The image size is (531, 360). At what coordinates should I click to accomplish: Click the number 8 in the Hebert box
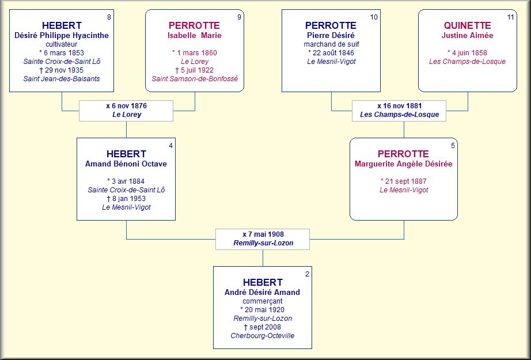109,17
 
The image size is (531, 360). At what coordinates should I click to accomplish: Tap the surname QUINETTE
467,25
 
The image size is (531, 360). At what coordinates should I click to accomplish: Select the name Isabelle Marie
195,35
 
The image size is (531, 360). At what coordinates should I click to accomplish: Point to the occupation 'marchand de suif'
331,44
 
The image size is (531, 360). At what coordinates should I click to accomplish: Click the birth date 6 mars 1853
62,53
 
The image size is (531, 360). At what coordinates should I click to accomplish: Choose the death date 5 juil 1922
195,70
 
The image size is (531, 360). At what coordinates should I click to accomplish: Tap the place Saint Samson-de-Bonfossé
195,79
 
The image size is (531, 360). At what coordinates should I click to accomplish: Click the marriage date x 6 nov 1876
126,105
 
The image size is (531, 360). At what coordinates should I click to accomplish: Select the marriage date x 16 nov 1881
399,105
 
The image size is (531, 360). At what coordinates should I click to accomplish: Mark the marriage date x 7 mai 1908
263,234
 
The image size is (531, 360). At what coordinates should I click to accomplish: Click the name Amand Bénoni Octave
126,164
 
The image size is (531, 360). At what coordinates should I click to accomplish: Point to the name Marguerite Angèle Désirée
403,164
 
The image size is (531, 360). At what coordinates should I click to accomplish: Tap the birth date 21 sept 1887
403,181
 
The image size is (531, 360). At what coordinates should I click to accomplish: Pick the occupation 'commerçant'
263,301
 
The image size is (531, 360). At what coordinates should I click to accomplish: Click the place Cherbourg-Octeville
263,336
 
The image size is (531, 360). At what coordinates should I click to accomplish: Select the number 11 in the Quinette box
510,17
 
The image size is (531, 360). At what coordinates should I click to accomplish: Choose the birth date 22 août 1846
331,53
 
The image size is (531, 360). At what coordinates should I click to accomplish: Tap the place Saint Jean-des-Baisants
62,79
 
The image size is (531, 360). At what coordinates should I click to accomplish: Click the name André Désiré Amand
262,292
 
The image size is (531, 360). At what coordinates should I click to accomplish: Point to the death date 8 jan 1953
126,199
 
